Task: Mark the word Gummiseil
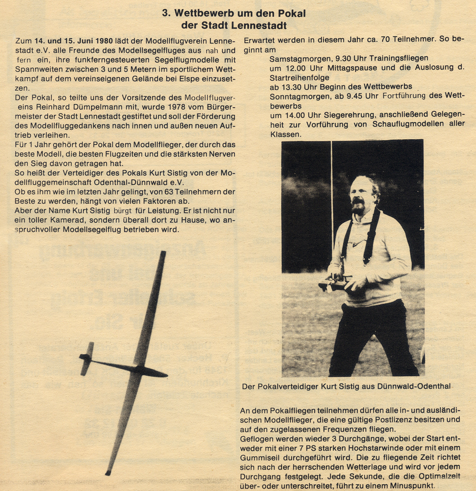[261, 457]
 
